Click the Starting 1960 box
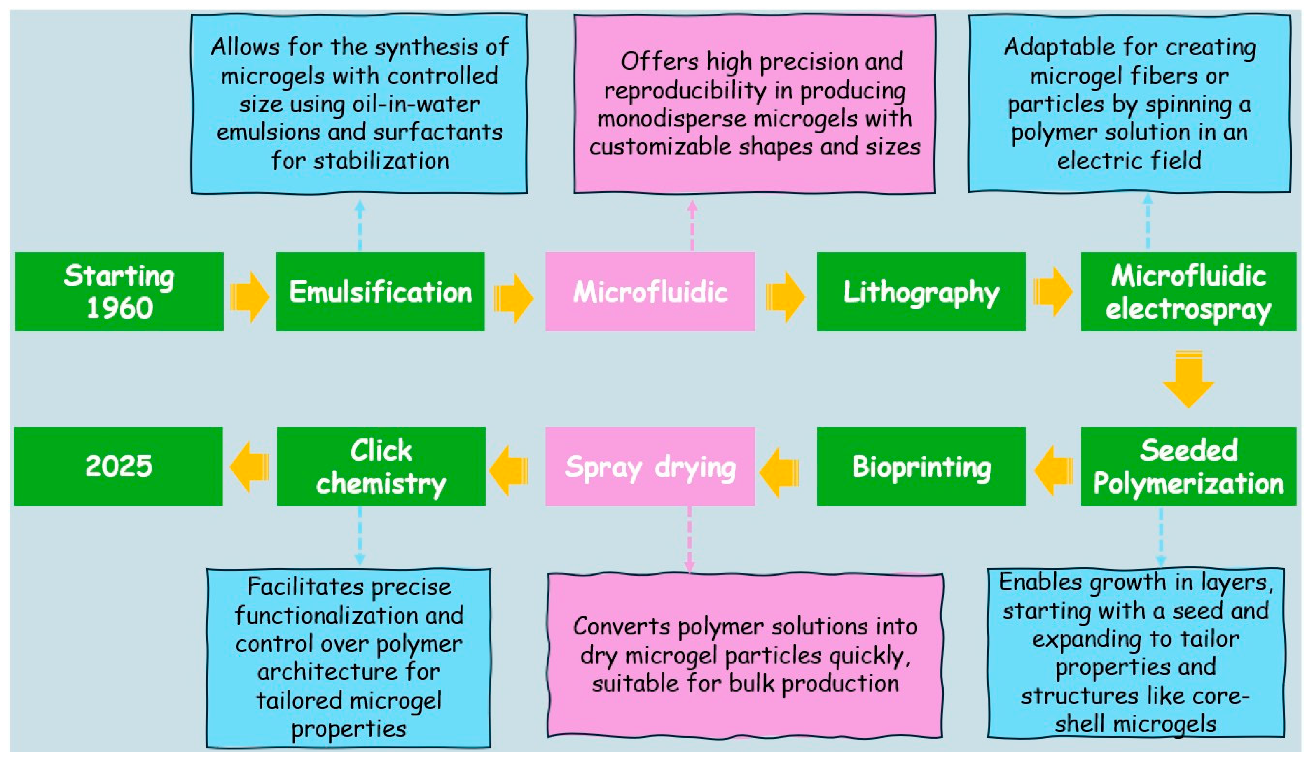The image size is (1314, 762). coord(119,291)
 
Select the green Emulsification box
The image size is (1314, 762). coord(380,291)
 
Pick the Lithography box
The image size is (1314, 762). coord(921,291)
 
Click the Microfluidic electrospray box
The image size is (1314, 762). coord(1188,291)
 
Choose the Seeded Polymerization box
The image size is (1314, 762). coord(1188,466)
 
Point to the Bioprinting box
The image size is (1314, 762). coord(921,466)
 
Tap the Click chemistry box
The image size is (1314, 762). coord(381,466)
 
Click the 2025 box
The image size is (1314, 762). coord(118,466)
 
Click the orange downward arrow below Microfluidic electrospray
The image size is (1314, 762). coord(1188,380)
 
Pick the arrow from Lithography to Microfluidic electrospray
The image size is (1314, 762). coord(1053,291)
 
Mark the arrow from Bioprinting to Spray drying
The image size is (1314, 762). coord(779,472)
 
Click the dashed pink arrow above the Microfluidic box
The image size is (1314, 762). coord(692,226)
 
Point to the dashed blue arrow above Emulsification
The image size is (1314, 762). coord(360,226)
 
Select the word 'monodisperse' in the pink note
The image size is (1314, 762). coord(671,118)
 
